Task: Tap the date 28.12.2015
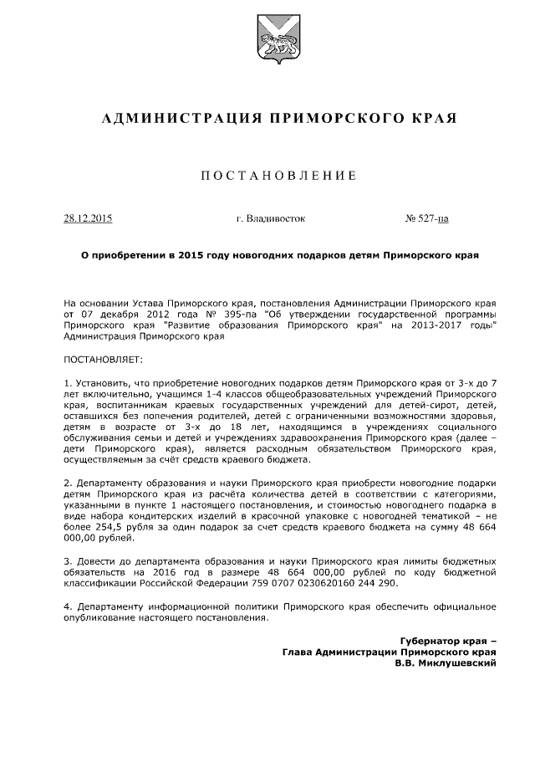pyautogui.click(x=88, y=219)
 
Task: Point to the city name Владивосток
pyautogui.click(x=277, y=219)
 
